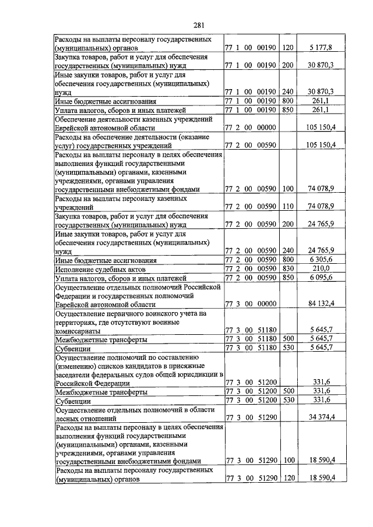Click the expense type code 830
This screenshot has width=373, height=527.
(287, 268)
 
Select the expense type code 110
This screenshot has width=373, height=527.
(287, 206)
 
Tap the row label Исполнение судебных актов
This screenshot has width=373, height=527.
(100, 269)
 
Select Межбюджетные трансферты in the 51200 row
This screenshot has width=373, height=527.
(101, 393)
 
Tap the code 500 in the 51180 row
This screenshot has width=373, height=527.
(287, 339)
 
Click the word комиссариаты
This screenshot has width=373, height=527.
(81, 330)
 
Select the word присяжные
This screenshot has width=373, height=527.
(197, 365)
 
